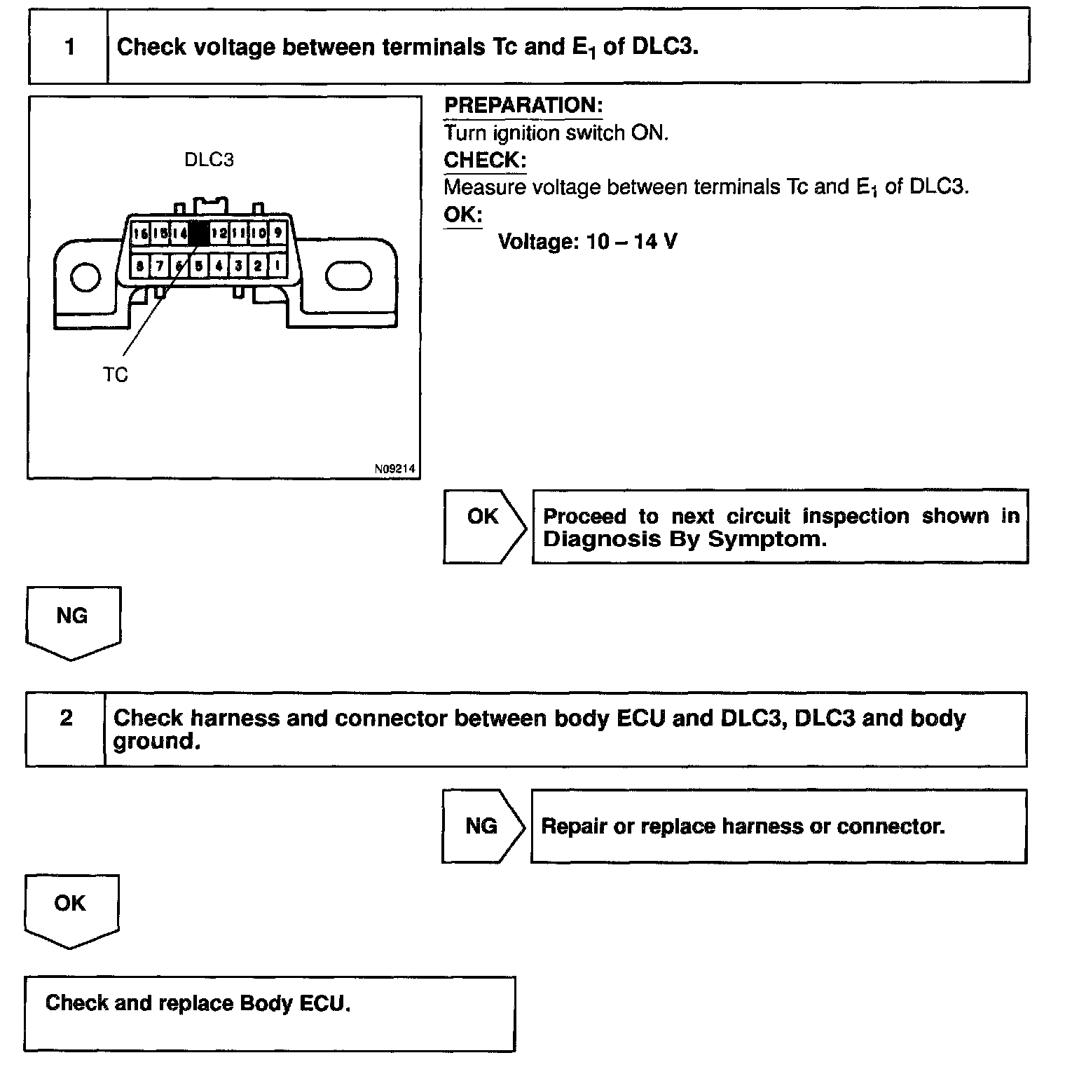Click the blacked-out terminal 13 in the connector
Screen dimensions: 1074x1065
199,233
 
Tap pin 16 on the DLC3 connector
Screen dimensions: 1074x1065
140,233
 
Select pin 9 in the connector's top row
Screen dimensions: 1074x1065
277,233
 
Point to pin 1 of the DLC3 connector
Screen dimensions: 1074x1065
277,266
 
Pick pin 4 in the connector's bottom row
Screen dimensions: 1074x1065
219,266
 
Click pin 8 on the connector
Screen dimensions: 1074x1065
140,266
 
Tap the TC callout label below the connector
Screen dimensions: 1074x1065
116,376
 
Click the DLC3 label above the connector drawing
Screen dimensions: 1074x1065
209,160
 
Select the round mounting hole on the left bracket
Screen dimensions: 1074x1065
85,277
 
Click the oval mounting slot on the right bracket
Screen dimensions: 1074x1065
348,276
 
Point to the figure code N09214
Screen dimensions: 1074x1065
394,469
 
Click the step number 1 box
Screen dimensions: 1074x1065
69,47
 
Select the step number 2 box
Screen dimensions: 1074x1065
66,719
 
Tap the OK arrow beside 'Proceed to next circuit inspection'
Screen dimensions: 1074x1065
483,526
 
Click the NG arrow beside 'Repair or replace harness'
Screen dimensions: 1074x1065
482,827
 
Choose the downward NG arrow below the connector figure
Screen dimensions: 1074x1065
73,621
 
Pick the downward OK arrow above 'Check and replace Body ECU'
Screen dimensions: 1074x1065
71,909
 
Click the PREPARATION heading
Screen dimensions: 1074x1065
523,106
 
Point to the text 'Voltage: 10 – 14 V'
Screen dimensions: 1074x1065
587,243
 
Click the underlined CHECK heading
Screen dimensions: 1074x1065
484,160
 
